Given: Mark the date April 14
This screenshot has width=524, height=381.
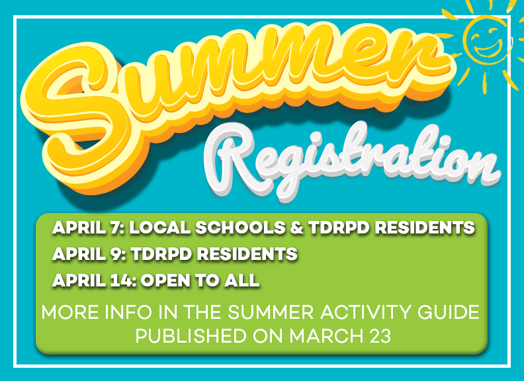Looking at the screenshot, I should [x=92, y=280].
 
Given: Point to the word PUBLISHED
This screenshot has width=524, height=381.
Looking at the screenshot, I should [x=191, y=336].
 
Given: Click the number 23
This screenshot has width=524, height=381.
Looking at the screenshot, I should [x=377, y=336].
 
